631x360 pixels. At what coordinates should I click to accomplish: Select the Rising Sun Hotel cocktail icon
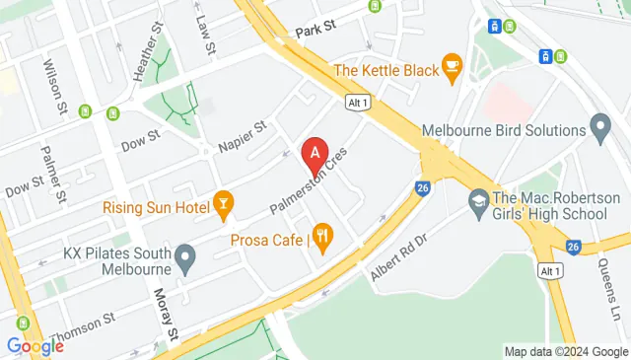(223, 206)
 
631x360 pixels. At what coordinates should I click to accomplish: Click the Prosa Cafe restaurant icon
(322, 237)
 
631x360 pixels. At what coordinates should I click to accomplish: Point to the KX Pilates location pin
(184, 259)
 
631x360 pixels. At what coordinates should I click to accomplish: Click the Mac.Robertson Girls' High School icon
(477, 199)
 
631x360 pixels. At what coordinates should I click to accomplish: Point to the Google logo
(35, 346)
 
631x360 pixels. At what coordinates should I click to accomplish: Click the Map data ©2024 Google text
(565, 351)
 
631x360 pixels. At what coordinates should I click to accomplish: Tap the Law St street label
(205, 35)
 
